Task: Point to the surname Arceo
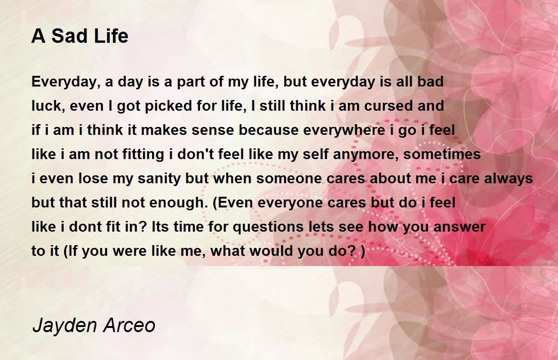pos(129,326)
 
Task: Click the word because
pos(269,130)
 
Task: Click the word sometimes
pos(442,154)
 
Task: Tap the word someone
pos(289,179)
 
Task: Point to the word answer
pos(459,227)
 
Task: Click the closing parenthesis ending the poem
pos(363,251)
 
